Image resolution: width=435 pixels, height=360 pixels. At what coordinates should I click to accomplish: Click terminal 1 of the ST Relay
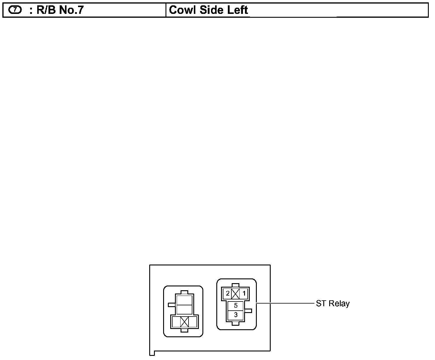click(244, 293)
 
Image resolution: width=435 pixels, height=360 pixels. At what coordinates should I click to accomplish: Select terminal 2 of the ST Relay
click(228, 293)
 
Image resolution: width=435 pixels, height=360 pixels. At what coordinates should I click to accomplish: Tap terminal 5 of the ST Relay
click(236, 306)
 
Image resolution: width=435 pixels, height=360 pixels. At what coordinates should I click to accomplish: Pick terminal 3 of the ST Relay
click(236, 315)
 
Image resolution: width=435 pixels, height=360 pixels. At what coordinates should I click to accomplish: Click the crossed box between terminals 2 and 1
click(236, 293)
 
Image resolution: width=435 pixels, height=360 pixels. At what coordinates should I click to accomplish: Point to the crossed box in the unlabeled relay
click(184, 322)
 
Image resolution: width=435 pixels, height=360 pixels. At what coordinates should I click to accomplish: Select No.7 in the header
click(71, 10)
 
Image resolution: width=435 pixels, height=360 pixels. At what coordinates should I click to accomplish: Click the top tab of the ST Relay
click(236, 285)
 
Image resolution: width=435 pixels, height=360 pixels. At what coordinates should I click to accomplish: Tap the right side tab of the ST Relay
click(249, 311)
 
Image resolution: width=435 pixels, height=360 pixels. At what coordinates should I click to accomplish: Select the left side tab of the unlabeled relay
click(172, 304)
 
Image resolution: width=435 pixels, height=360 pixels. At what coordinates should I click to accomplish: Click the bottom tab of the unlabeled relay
click(184, 330)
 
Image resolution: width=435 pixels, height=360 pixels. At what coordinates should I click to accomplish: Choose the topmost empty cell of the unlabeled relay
click(184, 300)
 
